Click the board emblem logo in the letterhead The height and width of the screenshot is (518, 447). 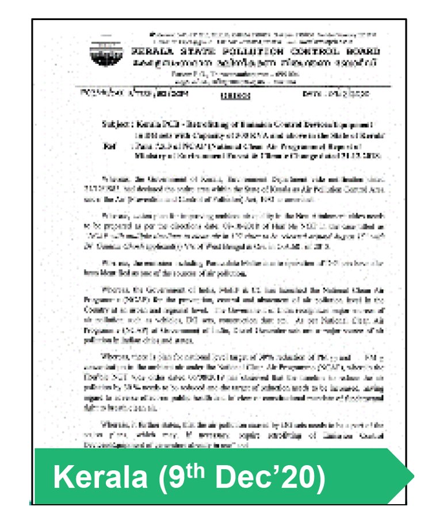[102, 53]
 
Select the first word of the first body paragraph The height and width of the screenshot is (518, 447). [113, 179]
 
